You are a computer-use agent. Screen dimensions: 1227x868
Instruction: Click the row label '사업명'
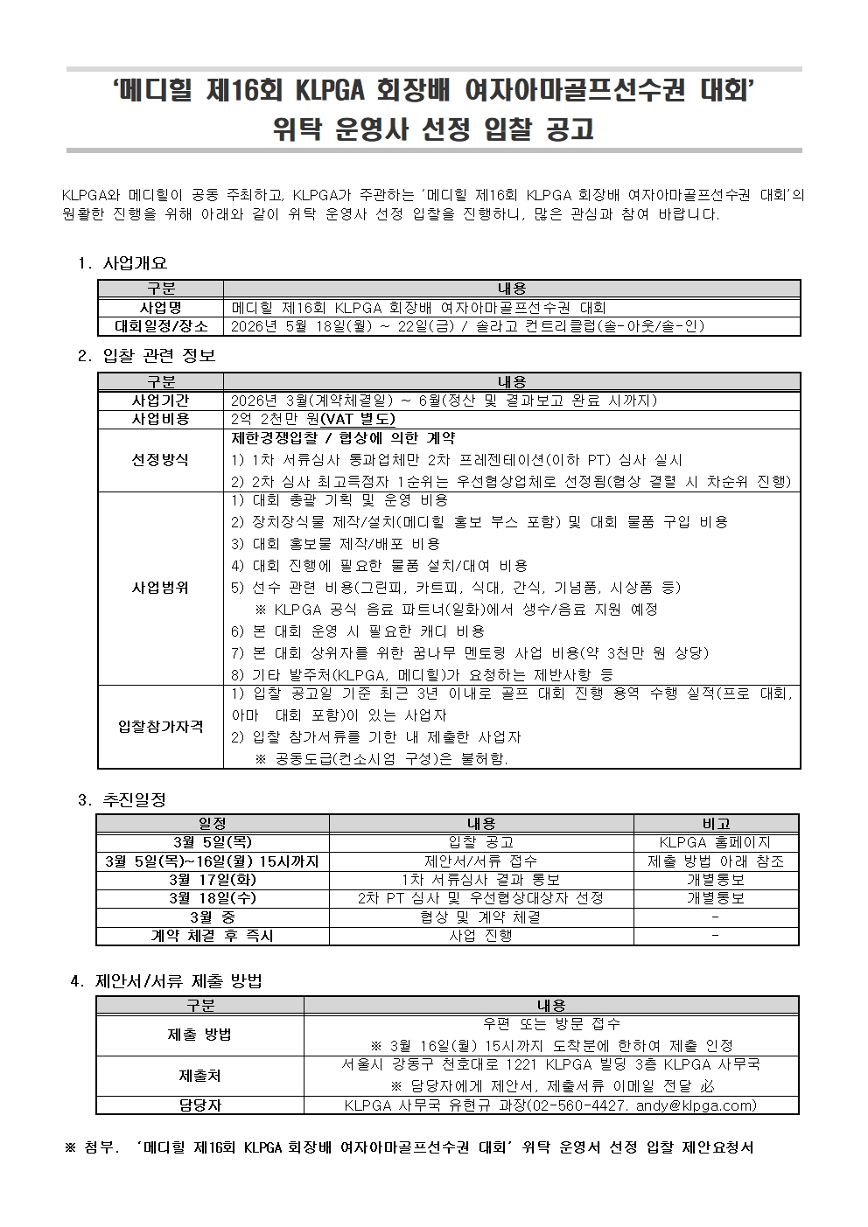[161, 308]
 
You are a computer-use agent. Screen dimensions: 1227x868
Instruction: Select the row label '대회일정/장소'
[161, 326]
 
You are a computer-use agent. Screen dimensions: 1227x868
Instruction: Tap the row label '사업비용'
[161, 419]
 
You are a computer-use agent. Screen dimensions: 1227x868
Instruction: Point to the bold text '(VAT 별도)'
[359, 419]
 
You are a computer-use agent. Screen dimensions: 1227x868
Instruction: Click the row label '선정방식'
[161, 459]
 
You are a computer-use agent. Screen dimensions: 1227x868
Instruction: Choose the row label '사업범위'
[161, 587]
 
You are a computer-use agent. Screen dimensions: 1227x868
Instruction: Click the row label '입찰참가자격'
[161, 727]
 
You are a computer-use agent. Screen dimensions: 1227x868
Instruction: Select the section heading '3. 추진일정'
[122, 799]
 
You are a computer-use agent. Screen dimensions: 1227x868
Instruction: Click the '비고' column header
[716, 823]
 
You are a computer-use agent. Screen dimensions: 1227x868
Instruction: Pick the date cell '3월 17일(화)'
[213, 880]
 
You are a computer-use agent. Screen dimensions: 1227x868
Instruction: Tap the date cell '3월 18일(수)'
[213, 898]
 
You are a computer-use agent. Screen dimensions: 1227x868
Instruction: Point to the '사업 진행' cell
[481, 936]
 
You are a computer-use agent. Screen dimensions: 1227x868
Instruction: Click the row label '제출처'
[199, 1076]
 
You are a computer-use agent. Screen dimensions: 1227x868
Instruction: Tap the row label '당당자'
[199, 1105]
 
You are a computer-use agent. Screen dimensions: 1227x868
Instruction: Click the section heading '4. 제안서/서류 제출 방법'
[165, 981]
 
